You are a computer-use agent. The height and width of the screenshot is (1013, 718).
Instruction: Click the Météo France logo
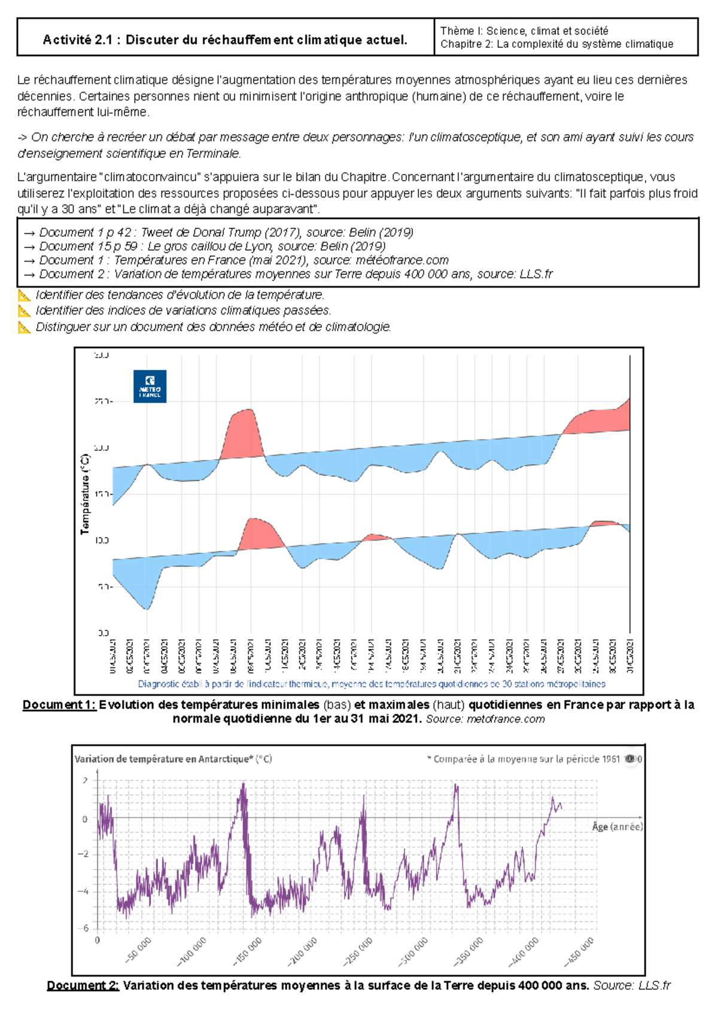pyautogui.click(x=150, y=386)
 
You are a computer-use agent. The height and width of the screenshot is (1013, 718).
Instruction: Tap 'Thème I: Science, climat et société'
pyautogui.click(x=524, y=30)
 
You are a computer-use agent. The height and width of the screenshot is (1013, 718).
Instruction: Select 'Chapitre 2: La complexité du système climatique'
pyautogui.click(x=556, y=44)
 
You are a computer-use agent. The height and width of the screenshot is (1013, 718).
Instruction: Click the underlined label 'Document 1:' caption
pyautogui.click(x=59, y=705)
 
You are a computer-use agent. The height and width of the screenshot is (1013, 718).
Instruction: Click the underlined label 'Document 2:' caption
pyautogui.click(x=83, y=985)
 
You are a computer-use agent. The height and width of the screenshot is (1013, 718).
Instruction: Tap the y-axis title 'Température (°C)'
pyautogui.click(x=85, y=494)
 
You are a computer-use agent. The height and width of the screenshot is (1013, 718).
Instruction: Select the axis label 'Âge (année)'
pyautogui.click(x=617, y=826)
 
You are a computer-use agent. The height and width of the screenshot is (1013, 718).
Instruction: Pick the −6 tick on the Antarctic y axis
pyautogui.click(x=86, y=928)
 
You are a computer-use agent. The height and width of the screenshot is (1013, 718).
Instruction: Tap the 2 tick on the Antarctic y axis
pyautogui.click(x=86, y=780)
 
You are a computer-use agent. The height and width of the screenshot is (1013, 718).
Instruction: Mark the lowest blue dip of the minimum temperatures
pyautogui.click(x=147, y=608)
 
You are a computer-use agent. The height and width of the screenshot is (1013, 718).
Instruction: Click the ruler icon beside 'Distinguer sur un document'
pyautogui.click(x=24, y=327)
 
